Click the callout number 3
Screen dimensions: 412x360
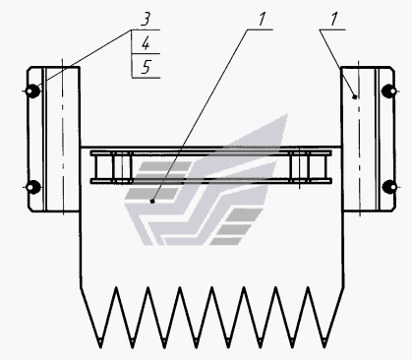point(146,20)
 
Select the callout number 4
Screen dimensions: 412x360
point(146,43)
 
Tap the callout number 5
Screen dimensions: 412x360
point(147,67)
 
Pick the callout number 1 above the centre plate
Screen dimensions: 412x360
point(262,20)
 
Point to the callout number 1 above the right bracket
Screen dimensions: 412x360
point(334,20)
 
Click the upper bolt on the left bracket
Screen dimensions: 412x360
point(32,90)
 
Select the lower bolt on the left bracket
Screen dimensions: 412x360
point(32,187)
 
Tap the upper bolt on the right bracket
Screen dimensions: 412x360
point(389,90)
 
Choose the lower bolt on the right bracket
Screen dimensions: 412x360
point(389,187)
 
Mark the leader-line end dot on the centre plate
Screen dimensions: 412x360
point(152,201)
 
